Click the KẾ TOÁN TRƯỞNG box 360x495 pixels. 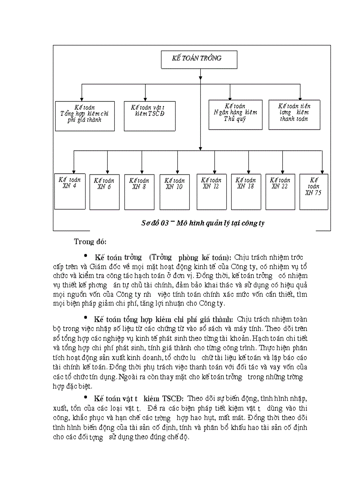coord(199,60)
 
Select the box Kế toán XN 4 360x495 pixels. coord(70,191)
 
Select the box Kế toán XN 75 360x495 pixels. coord(314,191)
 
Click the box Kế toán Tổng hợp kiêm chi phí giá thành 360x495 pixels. coord(85,115)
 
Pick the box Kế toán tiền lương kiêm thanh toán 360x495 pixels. coord(294,115)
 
